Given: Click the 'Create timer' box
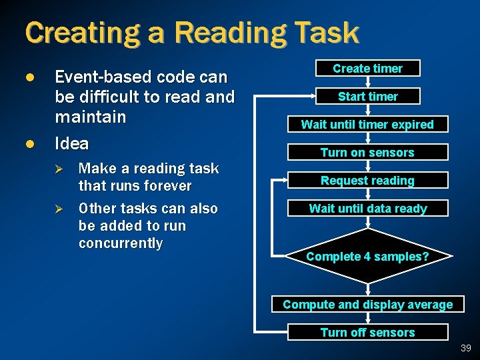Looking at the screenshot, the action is click(367, 69).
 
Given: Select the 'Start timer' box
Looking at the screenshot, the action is click(367, 97).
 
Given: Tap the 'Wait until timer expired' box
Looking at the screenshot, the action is click(367, 125).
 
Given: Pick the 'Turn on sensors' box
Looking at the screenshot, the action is click(367, 153).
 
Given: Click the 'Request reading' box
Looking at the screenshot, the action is click(367, 181).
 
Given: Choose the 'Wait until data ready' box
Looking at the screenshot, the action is click(367, 209).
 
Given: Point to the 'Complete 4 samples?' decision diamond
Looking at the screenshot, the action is click(367, 256).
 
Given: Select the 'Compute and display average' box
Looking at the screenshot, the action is click(367, 305).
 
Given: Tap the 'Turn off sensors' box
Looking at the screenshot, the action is click(367, 333).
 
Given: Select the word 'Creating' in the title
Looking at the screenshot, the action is click(79, 33).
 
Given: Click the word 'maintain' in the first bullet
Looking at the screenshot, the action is click(90, 117).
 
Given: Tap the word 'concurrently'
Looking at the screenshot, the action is click(121, 243).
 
